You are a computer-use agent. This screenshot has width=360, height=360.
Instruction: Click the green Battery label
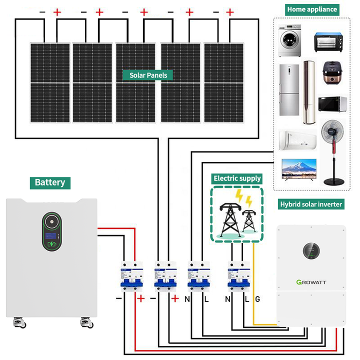[50, 182]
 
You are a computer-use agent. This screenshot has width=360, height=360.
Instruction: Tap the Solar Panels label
[148, 75]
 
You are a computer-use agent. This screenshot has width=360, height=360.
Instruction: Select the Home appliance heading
[312, 9]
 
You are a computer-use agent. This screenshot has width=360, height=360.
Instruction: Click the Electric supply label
[237, 178]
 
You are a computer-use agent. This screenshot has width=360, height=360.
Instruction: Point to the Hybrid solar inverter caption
[310, 204]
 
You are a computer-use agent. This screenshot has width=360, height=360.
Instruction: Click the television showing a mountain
[299, 169]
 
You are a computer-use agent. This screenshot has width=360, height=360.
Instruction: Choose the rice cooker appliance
[332, 73]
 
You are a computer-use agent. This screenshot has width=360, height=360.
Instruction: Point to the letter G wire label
[257, 299]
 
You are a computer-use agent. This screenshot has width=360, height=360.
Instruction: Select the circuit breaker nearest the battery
[129, 276]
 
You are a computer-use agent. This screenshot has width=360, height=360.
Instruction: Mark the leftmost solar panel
[49, 83]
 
